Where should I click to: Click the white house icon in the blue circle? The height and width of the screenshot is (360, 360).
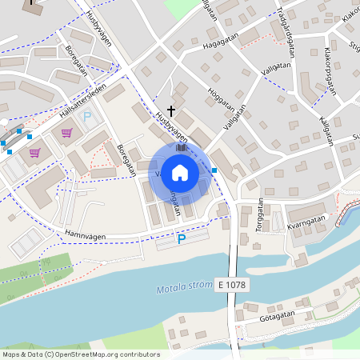pyautogui.click(x=180, y=173)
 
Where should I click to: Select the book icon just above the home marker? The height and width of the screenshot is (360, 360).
pyautogui.click(x=181, y=148)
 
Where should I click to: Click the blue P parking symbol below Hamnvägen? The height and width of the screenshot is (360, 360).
pyautogui.click(x=181, y=238)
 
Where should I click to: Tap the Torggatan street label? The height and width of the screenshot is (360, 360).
pyautogui.click(x=261, y=214)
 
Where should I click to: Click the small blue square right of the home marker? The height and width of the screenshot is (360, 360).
pyautogui.click(x=214, y=170)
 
